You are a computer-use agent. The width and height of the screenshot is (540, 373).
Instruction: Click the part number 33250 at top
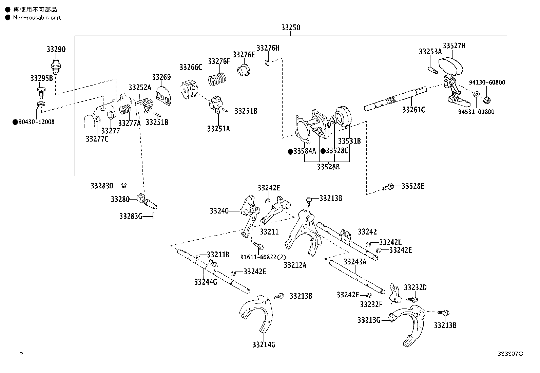click(x=290, y=28)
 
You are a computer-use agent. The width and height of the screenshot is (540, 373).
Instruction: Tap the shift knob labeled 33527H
click(x=451, y=67)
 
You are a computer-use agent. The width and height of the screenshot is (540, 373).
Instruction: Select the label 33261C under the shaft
click(x=413, y=110)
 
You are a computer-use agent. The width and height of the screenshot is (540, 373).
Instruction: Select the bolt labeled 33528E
click(x=388, y=187)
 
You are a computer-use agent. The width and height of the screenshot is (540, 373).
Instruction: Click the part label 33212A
click(x=295, y=265)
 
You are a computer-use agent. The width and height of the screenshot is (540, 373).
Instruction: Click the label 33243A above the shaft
click(x=355, y=262)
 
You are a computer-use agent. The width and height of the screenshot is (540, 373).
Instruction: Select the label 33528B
click(x=328, y=167)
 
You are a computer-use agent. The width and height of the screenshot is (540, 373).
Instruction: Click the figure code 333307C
click(x=510, y=354)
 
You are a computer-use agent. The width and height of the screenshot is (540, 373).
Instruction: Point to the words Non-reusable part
click(x=37, y=18)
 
